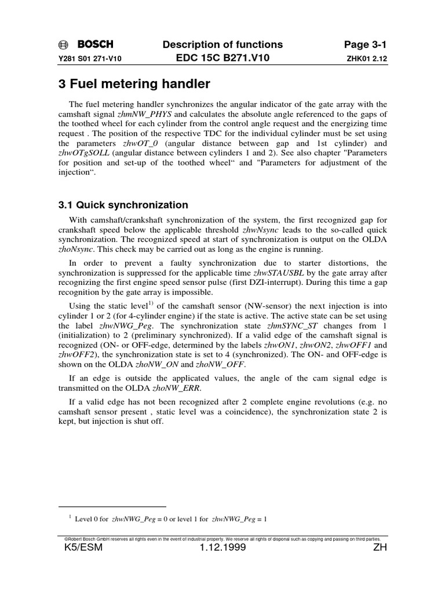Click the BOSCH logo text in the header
point(96,45)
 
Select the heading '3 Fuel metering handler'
point(134,84)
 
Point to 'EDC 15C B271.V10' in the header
point(225,58)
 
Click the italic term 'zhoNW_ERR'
point(181,388)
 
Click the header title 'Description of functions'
point(225,45)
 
